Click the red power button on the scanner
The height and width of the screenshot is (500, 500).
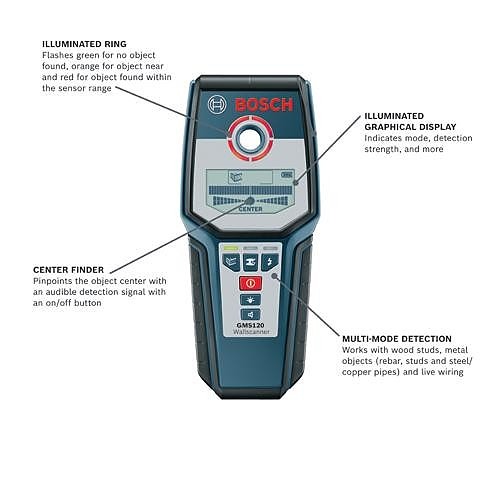click(250, 283)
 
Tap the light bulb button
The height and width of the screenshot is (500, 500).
click(250, 300)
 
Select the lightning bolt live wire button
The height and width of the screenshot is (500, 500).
click(270, 262)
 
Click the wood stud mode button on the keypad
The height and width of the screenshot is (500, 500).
click(231, 262)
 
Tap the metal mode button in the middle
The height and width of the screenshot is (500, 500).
click(250, 262)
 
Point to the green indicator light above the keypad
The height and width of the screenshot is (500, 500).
click(231, 248)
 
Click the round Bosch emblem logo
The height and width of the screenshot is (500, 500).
click(217, 105)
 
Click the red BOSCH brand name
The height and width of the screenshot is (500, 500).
click(264, 105)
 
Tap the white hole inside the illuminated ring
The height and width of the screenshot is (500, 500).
click(251, 139)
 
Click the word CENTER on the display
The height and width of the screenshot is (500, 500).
click(251, 209)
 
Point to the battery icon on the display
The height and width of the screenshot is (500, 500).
click(286, 174)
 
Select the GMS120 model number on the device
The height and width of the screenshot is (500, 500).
click(250, 325)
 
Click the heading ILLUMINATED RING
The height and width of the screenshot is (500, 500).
click(84, 44)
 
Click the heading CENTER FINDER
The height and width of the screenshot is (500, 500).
click(68, 270)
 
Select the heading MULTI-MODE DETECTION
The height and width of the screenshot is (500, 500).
click(397, 339)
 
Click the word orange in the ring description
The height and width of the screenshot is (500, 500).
click(85, 66)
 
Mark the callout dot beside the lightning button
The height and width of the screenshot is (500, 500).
click(275, 276)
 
